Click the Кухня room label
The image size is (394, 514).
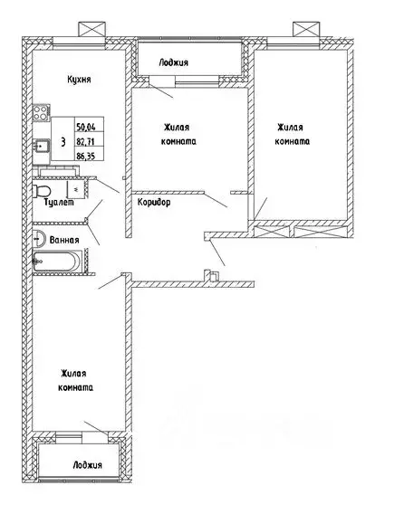click(x=79, y=80)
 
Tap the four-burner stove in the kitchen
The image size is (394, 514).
click(x=42, y=113)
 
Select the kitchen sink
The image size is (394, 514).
click(x=42, y=146)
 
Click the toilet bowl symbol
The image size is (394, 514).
click(x=42, y=191)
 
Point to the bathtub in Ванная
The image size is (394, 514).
click(x=56, y=262)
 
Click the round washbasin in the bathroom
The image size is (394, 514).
click(x=39, y=238)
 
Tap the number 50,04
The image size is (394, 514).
click(x=85, y=127)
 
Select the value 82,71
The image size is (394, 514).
click(x=85, y=141)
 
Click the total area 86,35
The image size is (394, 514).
click(x=85, y=157)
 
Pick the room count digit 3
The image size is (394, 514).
click(x=62, y=142)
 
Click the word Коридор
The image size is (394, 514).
click(x=154, y=203)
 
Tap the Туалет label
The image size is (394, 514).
click(x=59, y=203)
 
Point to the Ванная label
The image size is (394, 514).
click(x=64, y=240)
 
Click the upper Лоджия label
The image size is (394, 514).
click(x=174, y=62)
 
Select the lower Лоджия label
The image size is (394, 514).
click(x=87, y=465)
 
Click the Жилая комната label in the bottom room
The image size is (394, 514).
click(x=75, y=381)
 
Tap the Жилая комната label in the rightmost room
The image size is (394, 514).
click(x=292, y=134)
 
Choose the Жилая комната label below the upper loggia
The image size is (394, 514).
click(x=178, y=135)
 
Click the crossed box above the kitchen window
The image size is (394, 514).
click(x=91, y=29)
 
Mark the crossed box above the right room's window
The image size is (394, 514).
click(x=306, y=29)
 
